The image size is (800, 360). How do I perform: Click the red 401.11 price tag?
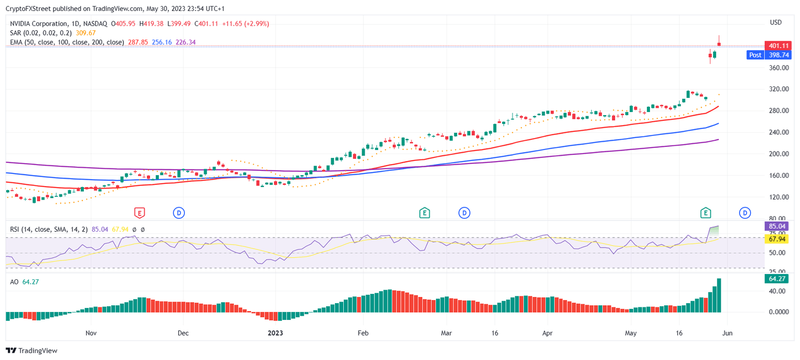click(776, 45)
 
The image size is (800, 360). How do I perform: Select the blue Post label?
click(755, 55)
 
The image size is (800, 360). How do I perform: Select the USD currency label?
click(776, 22)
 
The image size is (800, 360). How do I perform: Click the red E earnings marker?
click(139, 213)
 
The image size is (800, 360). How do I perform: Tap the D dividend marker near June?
click(745, 213)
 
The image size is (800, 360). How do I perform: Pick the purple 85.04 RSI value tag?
click(776, 226)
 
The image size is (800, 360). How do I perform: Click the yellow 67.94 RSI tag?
click(776, 239)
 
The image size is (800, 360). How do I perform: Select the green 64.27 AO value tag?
click(776, 279)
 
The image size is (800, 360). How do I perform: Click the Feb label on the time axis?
click(363, 332)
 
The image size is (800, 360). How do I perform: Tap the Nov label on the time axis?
click(91, 332)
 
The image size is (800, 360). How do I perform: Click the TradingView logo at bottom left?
click(32, 351)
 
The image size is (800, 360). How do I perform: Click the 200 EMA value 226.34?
click(186, 42)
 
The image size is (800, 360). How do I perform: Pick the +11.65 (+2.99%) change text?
click(245, 23)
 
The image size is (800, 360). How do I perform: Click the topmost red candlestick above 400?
click(719, 44)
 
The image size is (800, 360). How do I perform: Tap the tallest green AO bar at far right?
click(719, 295)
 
